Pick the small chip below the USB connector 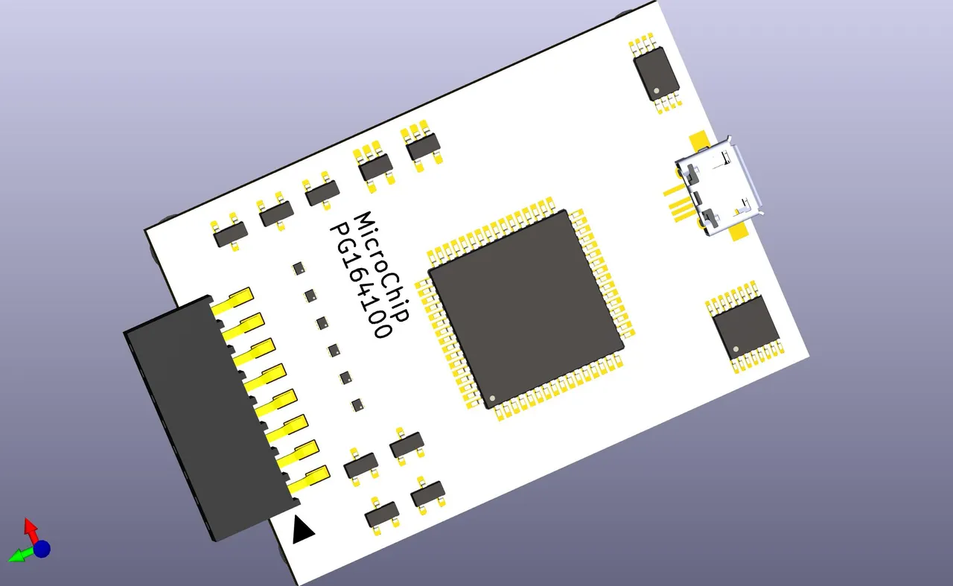745,328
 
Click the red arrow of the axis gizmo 30,528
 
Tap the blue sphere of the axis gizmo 42,550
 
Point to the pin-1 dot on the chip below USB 736,348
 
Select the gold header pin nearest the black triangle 309,477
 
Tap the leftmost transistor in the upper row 229,235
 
